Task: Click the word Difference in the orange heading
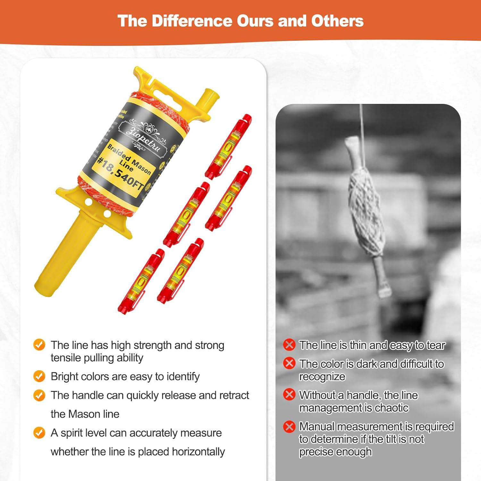(191, 21)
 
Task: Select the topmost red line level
(228, 146)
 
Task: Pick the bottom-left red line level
(141, 282)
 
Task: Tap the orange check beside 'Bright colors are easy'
(39, 376)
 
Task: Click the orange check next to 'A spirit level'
(39, 433)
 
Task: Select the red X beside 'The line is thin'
(289, 345)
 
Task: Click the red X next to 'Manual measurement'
(289, 427)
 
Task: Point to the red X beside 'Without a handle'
(289, 395)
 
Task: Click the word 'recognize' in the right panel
(322, 377)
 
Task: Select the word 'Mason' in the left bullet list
(85, 414)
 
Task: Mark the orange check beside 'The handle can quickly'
(39, 395)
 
